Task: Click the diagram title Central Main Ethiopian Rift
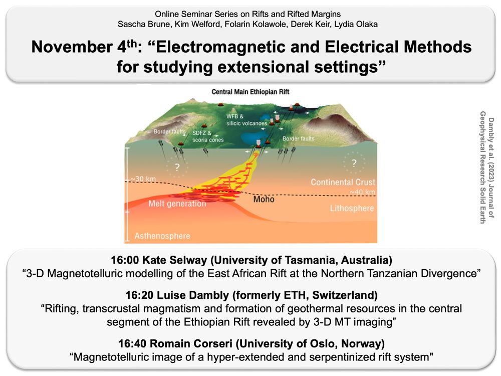point(250,92)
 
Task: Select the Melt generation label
point(177,204)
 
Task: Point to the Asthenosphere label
point(162,236)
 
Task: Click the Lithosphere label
point(351,208)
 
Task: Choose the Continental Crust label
point(343,182)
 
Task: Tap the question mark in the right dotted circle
point(354,163)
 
